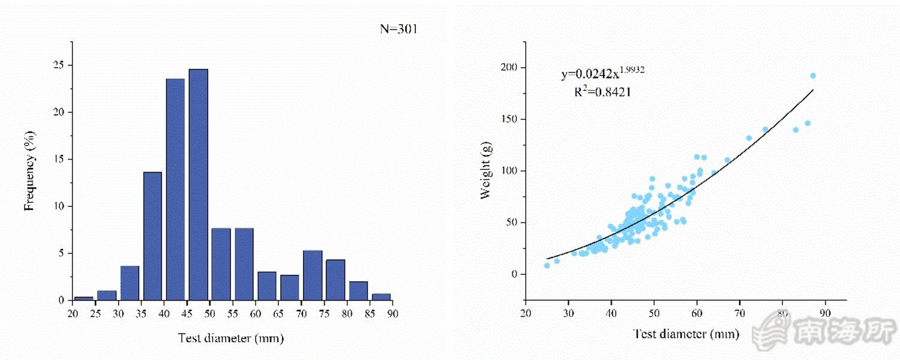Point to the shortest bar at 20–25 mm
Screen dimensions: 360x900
84,298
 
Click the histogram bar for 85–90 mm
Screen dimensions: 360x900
381,296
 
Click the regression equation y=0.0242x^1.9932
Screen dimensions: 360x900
602,74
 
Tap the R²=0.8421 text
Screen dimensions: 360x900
602,92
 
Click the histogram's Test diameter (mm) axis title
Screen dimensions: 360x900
231,338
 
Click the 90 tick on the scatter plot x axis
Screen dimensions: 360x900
825,313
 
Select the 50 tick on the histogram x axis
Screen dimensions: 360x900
210,313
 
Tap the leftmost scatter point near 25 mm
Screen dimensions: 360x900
547,265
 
